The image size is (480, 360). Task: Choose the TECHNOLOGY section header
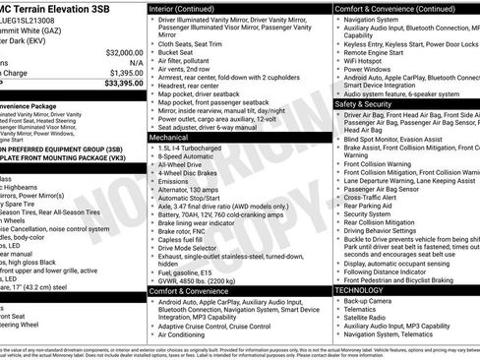click(362, 290)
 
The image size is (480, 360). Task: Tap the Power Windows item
click(370, 70)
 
